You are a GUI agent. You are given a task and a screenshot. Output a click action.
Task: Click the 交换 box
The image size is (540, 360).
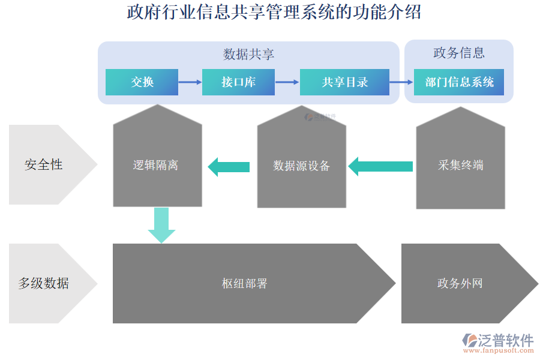[x=142, y=82]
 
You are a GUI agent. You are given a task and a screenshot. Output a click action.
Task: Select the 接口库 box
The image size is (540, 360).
[x=238, y=82]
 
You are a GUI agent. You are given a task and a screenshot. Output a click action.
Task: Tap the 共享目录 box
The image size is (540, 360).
[x=344, y=82]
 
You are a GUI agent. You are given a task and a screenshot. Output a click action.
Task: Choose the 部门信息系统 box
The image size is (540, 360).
[x=459, y=82]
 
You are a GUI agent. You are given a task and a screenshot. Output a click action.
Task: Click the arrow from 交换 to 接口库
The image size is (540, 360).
[x=190, y=82]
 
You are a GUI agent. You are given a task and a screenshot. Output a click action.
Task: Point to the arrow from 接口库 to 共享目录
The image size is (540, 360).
[x=287, y=82]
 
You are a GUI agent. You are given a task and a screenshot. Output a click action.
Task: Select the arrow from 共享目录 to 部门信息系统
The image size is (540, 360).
[x=401, y=82]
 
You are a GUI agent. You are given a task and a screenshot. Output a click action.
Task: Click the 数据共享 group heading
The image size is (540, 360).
[x=248, y=55]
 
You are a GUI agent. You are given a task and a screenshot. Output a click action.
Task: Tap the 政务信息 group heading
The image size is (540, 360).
[x=459, y=53]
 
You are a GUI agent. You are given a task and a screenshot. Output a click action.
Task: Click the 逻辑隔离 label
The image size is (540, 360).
[x=155, y=165]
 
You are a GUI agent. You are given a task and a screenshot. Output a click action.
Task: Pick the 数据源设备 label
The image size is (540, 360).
[x=301, y=166]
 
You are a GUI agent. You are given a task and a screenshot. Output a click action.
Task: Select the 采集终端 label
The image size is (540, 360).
[x=460, y=165]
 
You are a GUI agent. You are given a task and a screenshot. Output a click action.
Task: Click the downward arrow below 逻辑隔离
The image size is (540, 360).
[x=161, y=224]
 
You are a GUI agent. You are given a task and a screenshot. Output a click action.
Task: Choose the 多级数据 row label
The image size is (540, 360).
[x=43, y=283]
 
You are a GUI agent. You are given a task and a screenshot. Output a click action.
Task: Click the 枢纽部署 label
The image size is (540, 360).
[x=244, y=284]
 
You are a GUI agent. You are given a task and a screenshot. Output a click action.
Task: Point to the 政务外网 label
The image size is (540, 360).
[x=460, y=284]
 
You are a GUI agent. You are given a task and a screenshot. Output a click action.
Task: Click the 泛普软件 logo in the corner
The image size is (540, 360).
[x=497, y=343]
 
